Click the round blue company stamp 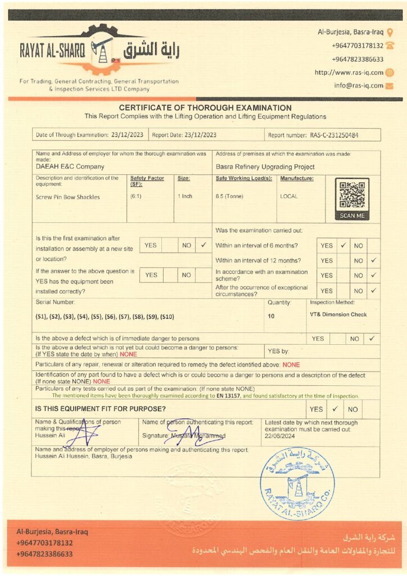click(x=297, y=483)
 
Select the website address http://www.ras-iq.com click(x=349, y=73)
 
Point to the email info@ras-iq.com click(x=359, y=85)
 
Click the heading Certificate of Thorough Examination click(x=205, y=107)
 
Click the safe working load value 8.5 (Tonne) click(x=229, y=196)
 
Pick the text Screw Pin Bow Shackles click(x=67, y=197)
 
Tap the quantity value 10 click(x=271, y=316)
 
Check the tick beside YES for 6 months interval click(x=343, y=245)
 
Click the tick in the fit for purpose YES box click(x=334, y=409)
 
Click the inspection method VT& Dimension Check click(x=338, y=314)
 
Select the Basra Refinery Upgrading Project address click(x=265, y=166)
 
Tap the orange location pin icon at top click(x=390, y=32)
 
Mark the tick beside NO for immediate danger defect click(x=372, y=339)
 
